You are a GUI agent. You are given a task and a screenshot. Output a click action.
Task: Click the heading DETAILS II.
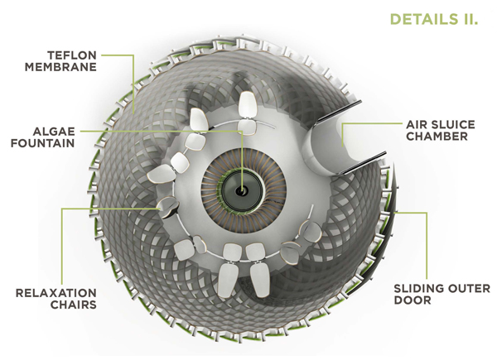[433, 19]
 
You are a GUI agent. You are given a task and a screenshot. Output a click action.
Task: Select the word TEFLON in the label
[72, 55]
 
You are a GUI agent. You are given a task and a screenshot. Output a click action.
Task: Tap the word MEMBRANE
[60, 67]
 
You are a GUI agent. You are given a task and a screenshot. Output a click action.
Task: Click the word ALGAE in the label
[54, 132]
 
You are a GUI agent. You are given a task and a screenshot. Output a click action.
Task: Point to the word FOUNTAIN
[43, 143]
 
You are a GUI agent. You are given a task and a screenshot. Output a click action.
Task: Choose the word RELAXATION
[56, 293]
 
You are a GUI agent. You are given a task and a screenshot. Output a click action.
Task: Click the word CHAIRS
[74, 305]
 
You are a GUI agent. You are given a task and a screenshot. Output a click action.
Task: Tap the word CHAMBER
[437, 137]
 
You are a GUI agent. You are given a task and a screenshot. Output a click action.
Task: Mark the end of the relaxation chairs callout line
[158, 209]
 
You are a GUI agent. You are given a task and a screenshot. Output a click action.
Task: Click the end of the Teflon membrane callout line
[133, 113]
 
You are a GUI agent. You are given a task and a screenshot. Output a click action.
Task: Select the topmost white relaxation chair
[248, 106]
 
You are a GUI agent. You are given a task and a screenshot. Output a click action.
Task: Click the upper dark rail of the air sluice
[339, 111]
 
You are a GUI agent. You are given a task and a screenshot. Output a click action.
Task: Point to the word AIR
[416, 124]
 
